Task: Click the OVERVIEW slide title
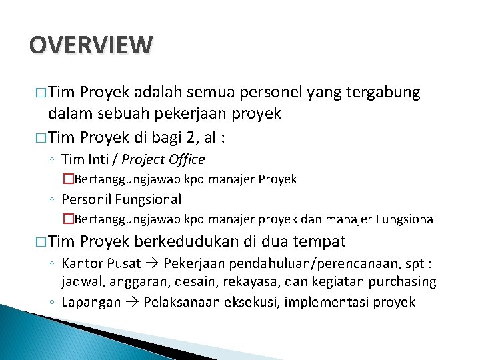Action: click(91, 45)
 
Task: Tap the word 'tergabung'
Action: click(383, 93)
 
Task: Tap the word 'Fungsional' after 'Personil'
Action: click(148, 199)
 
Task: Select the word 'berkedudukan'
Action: click(183, 241)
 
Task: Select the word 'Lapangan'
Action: click(91, 302)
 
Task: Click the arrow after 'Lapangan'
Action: click(130, 302)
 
